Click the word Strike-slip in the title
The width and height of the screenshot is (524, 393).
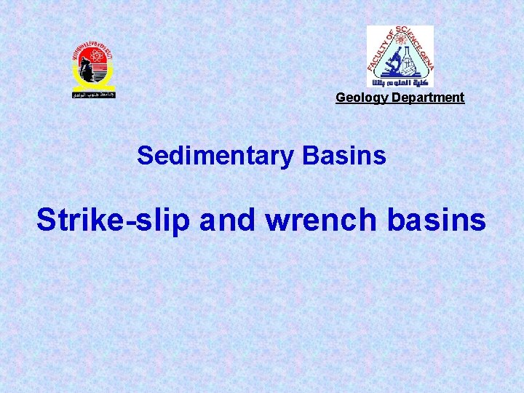point(113,220)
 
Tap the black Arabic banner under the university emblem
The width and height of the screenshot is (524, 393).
point(93,95)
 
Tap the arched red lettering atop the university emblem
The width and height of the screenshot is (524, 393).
point(93,47)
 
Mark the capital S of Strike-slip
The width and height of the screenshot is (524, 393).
point(47,220)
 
